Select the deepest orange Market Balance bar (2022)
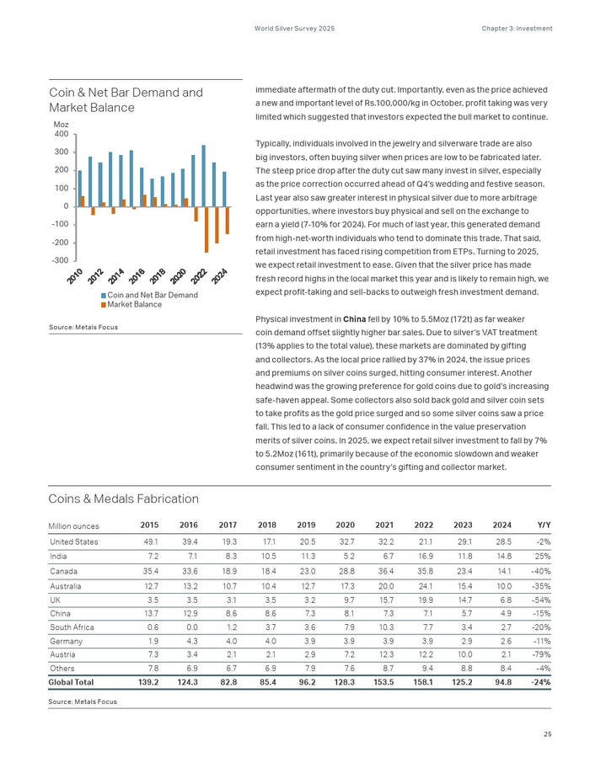206,229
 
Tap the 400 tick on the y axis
62,134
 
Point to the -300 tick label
59,260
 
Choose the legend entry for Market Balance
133,304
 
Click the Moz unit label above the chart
61,125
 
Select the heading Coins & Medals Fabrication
124,499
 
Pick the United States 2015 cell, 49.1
150,541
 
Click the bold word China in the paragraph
354,319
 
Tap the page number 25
548,735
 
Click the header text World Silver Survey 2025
294,29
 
